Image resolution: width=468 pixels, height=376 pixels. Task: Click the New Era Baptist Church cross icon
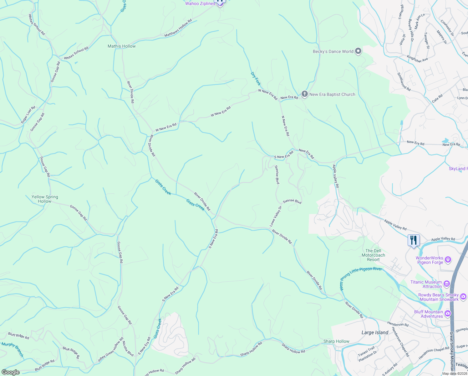point(304,94)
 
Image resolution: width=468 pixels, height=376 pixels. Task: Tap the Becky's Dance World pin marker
point(358,51)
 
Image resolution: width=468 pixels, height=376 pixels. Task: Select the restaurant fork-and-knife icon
point(414,240)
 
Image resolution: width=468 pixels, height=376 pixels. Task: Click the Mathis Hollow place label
point(121,46)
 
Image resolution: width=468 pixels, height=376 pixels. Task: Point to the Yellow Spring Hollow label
point(45,199)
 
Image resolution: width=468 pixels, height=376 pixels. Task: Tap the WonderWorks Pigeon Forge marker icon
point(448,259)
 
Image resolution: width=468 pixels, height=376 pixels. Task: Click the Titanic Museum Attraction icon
point(447,284)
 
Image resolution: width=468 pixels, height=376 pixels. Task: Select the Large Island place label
point(375,332)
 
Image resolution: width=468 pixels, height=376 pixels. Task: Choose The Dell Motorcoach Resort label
point(373,255)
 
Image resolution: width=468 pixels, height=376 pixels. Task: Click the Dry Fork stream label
point(256,79)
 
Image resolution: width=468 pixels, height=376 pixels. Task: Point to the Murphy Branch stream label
point(13,349)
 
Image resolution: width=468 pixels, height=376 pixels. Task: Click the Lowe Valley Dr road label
point(276,216)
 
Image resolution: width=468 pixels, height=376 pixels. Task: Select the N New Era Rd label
point(285,126)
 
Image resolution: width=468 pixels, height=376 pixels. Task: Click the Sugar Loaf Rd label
point(28,115)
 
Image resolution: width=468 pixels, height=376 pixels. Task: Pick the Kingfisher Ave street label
point(417,58)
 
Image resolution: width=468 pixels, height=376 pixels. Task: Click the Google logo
point(10,372)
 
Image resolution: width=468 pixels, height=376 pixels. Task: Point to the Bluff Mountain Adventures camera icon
point(448,313)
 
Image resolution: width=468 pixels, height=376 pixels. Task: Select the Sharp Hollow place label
point(336,341)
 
